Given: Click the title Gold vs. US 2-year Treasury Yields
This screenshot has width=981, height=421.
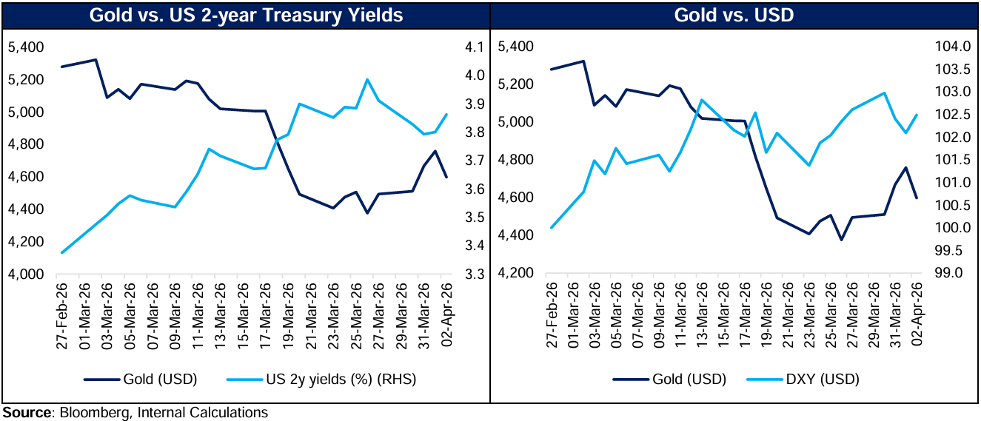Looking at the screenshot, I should coord(246,15).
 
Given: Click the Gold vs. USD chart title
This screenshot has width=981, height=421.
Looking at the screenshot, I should coord(734,15).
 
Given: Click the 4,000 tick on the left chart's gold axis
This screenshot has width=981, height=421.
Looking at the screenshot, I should coord(26,275).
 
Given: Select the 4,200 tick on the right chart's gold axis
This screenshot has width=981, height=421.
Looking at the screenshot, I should coord(515,274).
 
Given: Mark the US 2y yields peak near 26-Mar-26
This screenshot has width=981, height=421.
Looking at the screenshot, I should coord(367,80).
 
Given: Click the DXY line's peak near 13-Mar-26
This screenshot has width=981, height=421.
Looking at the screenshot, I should coord(702,100).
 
